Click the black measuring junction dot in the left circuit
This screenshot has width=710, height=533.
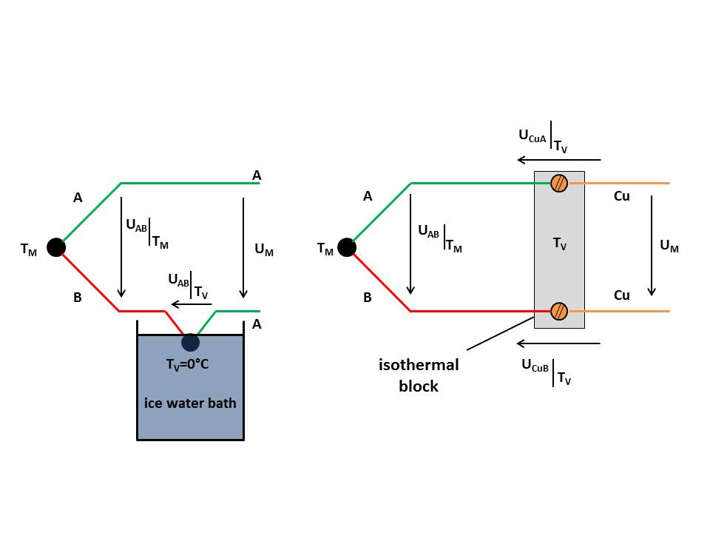[55, 247]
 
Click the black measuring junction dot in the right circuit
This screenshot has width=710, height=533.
[345, 247]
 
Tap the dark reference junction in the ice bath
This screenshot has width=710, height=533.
[190, 342]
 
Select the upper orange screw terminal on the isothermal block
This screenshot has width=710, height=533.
[559, 183]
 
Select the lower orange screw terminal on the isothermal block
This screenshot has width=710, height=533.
[559, 311]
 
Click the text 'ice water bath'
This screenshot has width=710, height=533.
[190, 403]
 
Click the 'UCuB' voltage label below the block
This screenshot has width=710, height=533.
[535, 366]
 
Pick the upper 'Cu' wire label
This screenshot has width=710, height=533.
[622, 197]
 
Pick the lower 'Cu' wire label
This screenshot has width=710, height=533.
[622, 295]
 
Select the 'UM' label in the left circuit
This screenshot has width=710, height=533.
[263, 250]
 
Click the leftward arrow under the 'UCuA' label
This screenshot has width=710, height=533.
[558, 159]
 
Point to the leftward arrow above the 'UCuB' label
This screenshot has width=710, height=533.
[558, 343]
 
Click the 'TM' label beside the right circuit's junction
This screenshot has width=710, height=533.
[325, 249]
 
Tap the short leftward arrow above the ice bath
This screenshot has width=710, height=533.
[191, 304]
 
